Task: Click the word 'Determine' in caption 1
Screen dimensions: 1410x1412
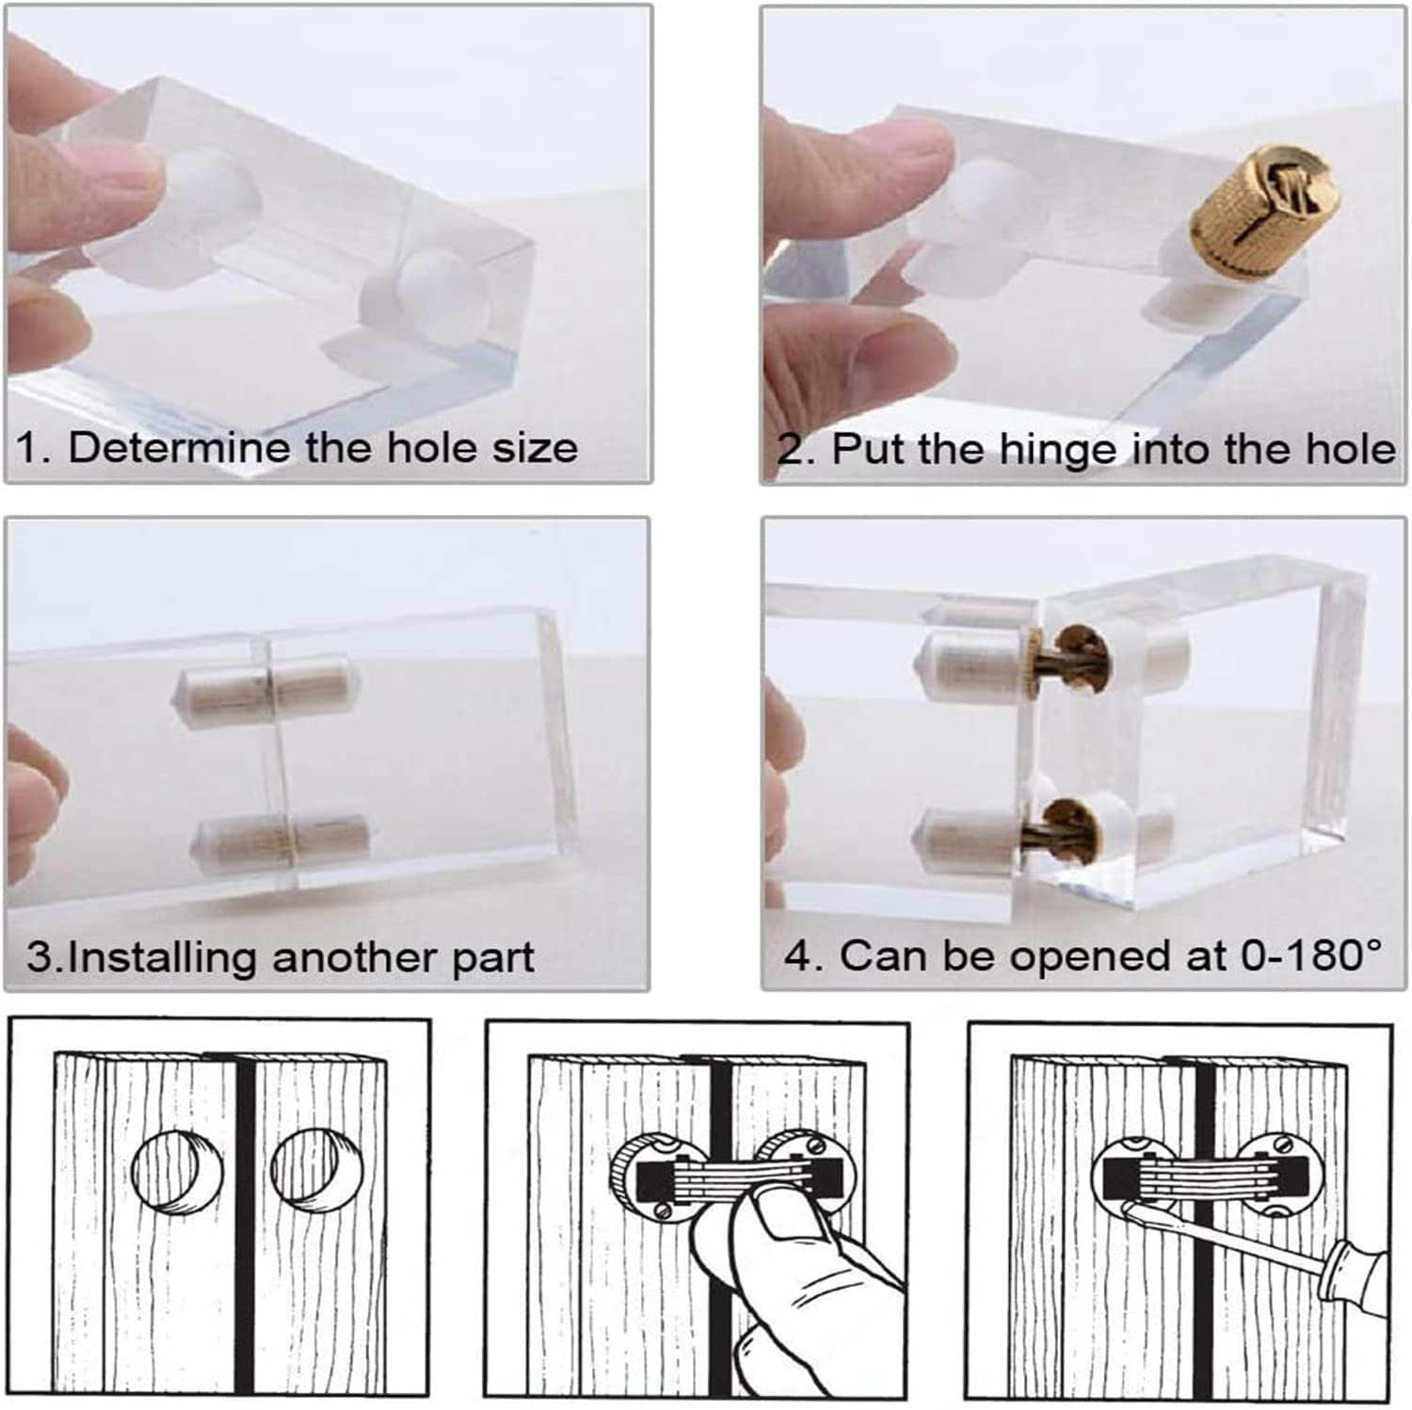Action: (x=180, y=447)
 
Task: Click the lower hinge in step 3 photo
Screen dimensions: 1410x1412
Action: (x=285, y=835)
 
